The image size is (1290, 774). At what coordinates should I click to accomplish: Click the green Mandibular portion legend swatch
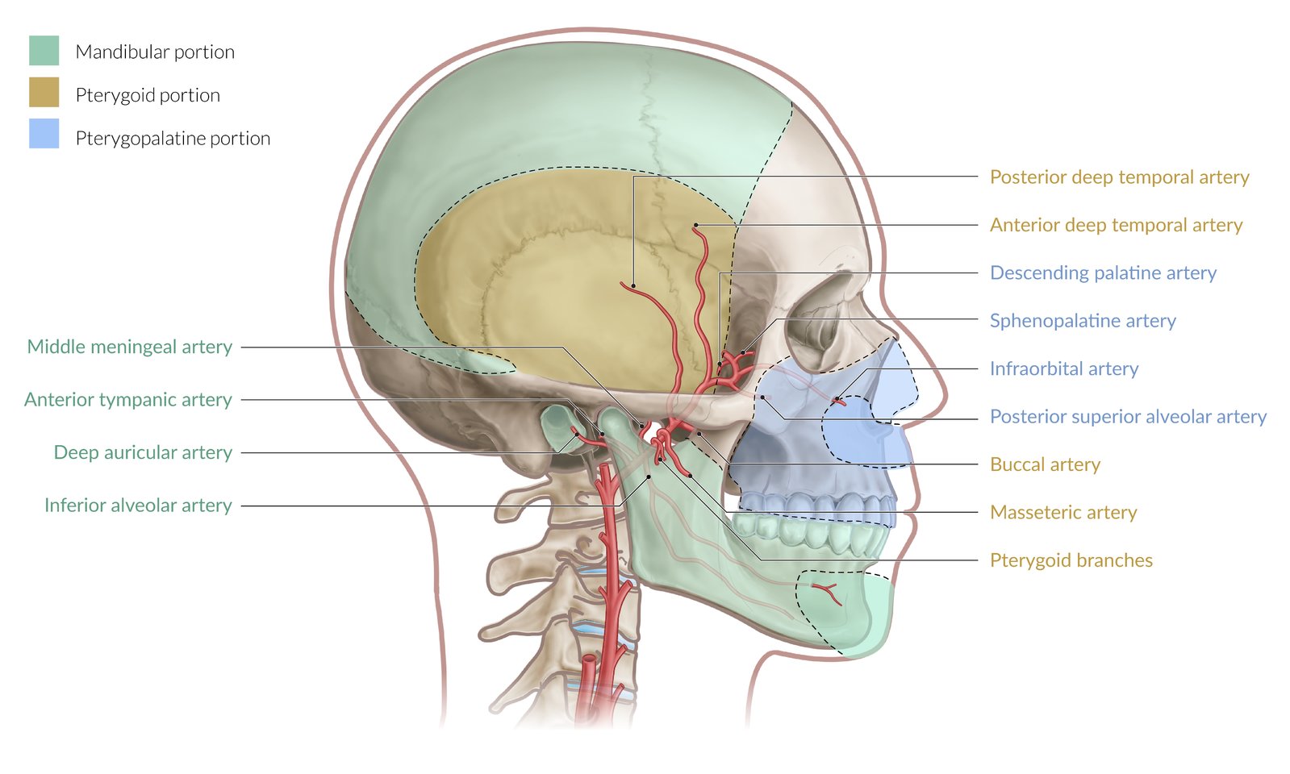44,50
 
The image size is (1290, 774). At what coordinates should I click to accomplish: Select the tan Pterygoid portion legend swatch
44,92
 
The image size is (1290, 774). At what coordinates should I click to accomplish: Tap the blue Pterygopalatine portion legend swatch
44,134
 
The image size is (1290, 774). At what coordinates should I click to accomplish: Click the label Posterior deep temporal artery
1119,177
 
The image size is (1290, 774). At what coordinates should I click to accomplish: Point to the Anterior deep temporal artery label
1116,225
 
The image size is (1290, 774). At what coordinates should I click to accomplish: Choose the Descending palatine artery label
1103,273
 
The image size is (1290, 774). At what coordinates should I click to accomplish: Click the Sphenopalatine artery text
1083,321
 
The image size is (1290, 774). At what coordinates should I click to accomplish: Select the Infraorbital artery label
1064,368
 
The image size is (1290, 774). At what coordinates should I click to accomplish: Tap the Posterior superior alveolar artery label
1128,416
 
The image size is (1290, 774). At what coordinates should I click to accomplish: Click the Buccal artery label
1045,464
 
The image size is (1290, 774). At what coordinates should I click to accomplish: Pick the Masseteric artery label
1063,512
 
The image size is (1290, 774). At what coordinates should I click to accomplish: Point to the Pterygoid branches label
1071,560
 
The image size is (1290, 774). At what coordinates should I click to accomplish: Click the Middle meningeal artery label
130,347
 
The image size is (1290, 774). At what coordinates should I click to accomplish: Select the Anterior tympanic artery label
128,400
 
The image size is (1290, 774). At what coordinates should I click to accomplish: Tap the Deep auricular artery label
143,452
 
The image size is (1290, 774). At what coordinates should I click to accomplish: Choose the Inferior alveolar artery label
138,506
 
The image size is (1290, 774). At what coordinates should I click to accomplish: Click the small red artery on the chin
827,593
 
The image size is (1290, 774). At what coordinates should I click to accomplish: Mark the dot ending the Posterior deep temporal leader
633,285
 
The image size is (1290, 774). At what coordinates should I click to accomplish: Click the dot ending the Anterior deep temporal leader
695,226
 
